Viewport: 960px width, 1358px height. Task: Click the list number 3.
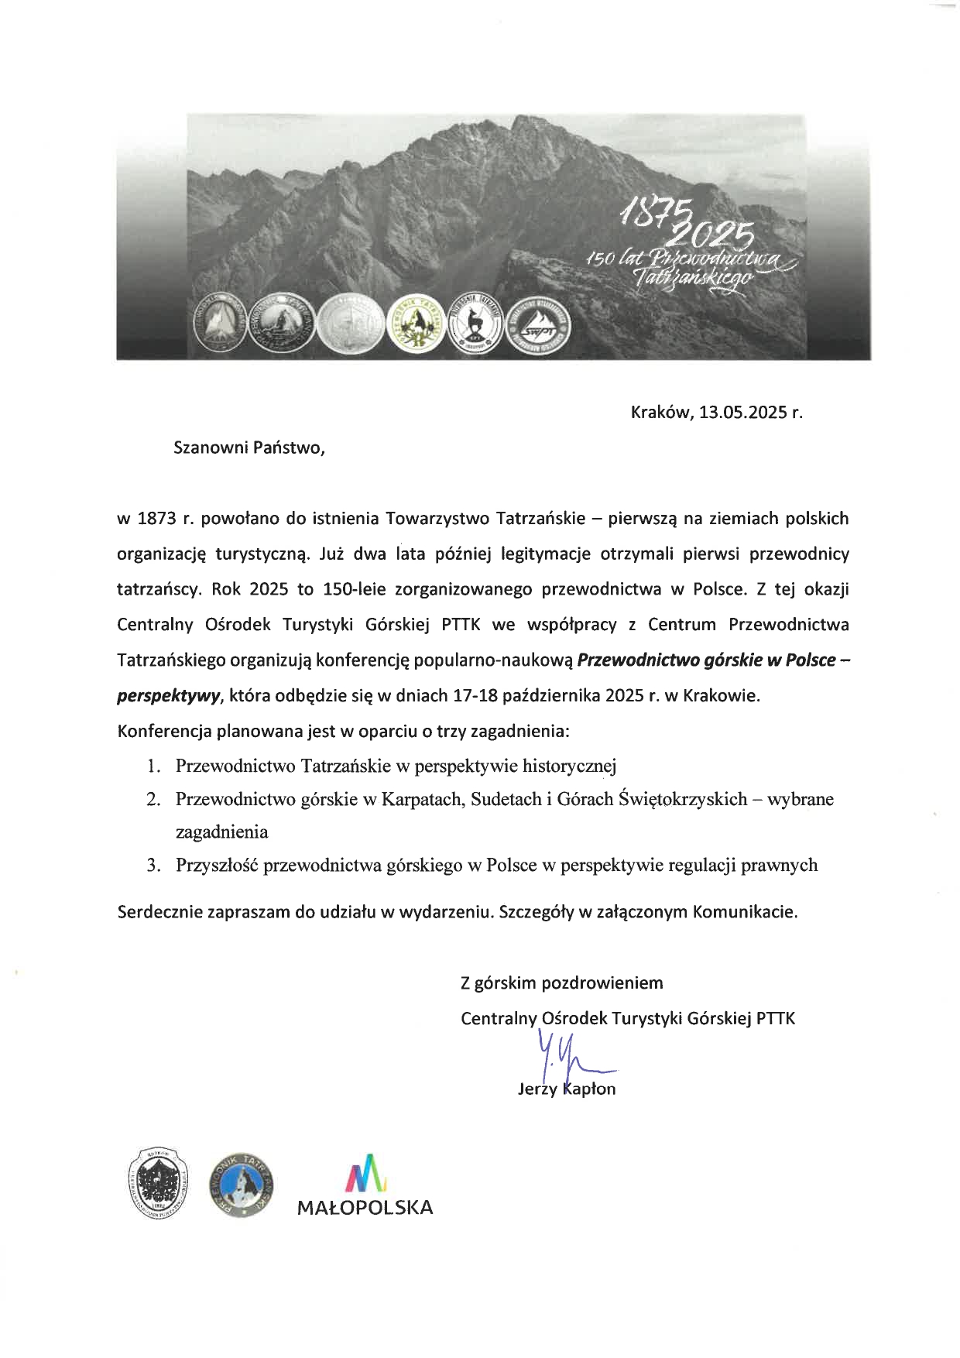point(153,865)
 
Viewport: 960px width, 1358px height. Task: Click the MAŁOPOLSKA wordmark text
point(365,1206)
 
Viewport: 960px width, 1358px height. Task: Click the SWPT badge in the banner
point(537,328)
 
